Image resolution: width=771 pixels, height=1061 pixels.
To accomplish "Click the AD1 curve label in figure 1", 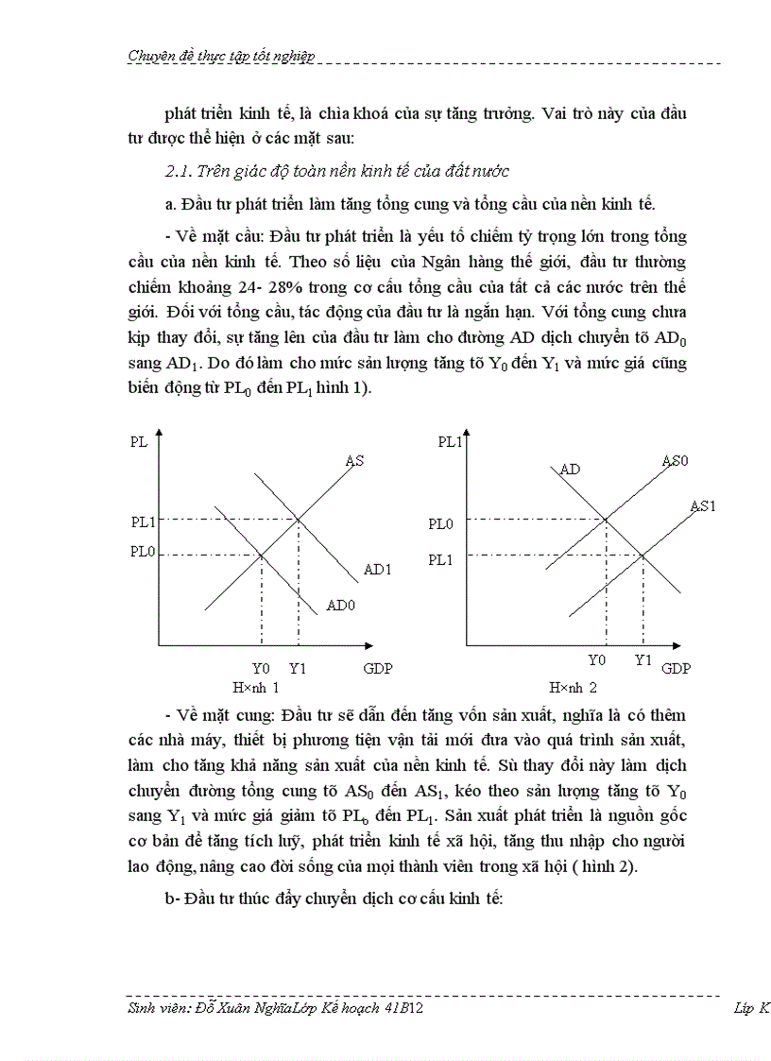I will click(377, 570).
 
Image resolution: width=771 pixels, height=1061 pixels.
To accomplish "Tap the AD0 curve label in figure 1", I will click(340, 605).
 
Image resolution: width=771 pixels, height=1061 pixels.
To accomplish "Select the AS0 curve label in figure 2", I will click(676, 461).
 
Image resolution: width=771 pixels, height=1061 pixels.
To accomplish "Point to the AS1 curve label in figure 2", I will click(703, 505).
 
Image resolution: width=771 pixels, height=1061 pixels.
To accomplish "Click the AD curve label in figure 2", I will click(570, 470).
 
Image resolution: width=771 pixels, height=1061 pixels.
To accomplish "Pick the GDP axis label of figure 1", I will click(377, 668).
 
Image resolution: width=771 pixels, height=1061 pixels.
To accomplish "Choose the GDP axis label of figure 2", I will click(676, 668).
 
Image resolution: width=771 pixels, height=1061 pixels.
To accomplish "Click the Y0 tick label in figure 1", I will click(261, 668).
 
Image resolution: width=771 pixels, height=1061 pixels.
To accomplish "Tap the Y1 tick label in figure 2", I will click(643, 660).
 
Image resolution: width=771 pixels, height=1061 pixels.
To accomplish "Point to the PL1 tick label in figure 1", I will click(143, 521).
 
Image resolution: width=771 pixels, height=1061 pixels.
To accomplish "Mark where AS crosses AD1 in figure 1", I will click(299, 519).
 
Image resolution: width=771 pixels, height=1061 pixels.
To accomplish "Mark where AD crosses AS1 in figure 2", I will click(643, 556).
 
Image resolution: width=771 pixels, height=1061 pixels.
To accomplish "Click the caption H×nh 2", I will click(574, 688).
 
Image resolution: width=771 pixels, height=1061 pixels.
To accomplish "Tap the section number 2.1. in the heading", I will click(179, 171).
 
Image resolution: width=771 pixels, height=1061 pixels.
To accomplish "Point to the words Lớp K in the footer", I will click(751, 1008).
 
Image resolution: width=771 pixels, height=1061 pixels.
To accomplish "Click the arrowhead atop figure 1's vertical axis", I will click(159, 436).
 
